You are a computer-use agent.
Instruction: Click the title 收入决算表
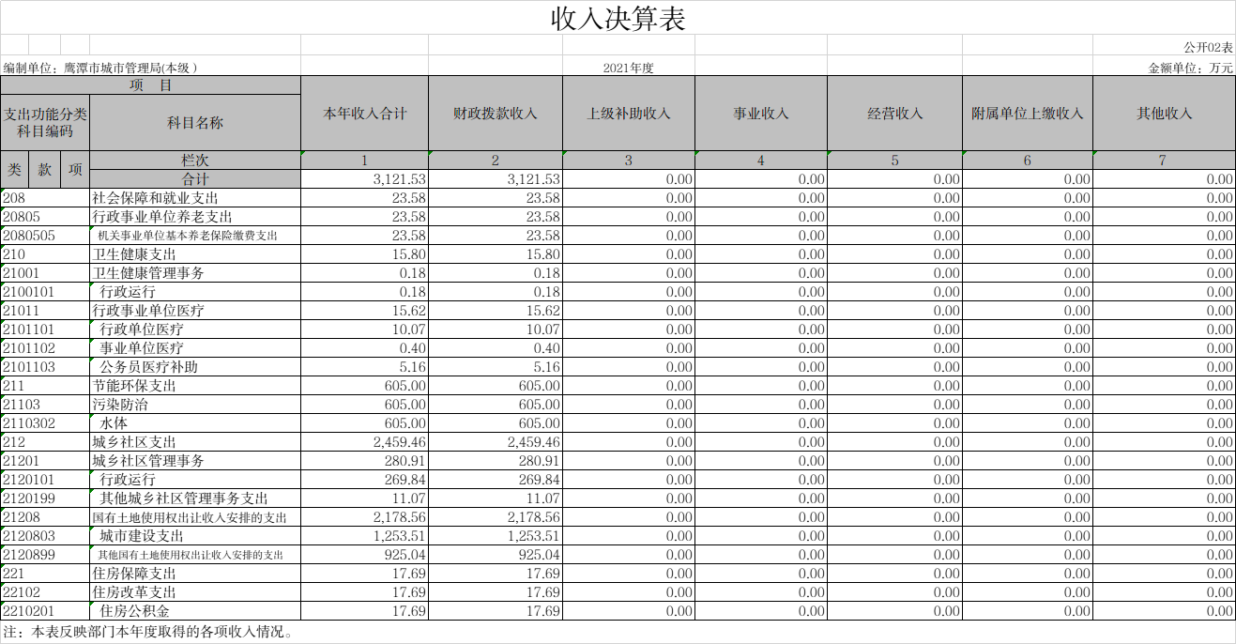tap(618, 19)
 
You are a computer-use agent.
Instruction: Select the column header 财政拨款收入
tap(495, 114)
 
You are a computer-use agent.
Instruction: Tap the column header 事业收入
tap(761, 114)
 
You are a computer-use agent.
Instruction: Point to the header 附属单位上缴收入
tap(1028, 114)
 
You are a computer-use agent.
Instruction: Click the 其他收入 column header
tap(1165, 114)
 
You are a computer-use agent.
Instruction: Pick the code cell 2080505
tap(29, 236)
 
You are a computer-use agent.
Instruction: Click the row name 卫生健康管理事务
tap(148, 273)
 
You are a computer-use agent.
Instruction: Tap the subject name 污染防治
tap(120, 405)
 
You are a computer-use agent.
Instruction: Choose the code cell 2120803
tap(29, 536)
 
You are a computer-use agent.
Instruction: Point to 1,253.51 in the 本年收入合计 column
tap(400, 536)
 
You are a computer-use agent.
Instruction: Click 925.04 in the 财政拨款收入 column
tap(539, 555)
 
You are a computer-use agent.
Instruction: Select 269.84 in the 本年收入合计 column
tap(405, 480)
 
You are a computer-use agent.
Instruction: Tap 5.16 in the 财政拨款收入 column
tap(547, 367)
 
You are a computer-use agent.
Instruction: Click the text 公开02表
tap(1208, 48)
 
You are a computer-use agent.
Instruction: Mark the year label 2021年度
tap(628, 68)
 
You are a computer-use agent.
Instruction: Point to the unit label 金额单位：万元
tap(1190, 68)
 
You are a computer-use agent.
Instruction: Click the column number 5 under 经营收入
tap(895, 161)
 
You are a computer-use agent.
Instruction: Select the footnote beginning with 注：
tap(148, 631)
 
